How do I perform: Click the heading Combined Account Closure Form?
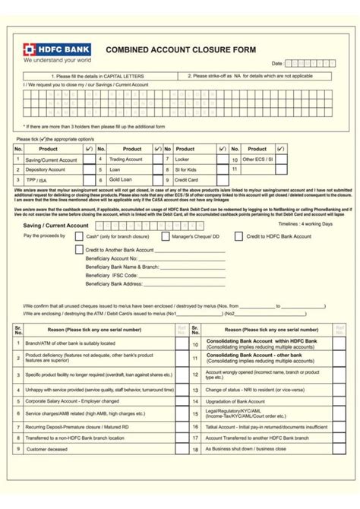pyautogui.click(x=181, y=49)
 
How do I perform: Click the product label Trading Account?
pyautogui.click(x=125, y=160)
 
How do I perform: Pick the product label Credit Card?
pyautogui.click(x=187, y=179)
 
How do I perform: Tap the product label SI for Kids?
pyautogui.click(x=188, y=169)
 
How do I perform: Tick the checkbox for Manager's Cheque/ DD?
pyautogui.click(x=165, y=236)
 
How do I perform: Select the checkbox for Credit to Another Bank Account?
pyautogui.click(x=79, y=248)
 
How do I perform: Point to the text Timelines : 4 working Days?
pyautogui.click(x=305, y=225)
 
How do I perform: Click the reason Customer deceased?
pyautogui.click(x=47, y=449)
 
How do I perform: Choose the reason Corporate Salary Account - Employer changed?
pyautogui.click(x=72, y=400)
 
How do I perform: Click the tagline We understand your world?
pyautogui.click(x=57, y=58)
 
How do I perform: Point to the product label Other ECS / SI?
pyautogui.click(x=257, y=160)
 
